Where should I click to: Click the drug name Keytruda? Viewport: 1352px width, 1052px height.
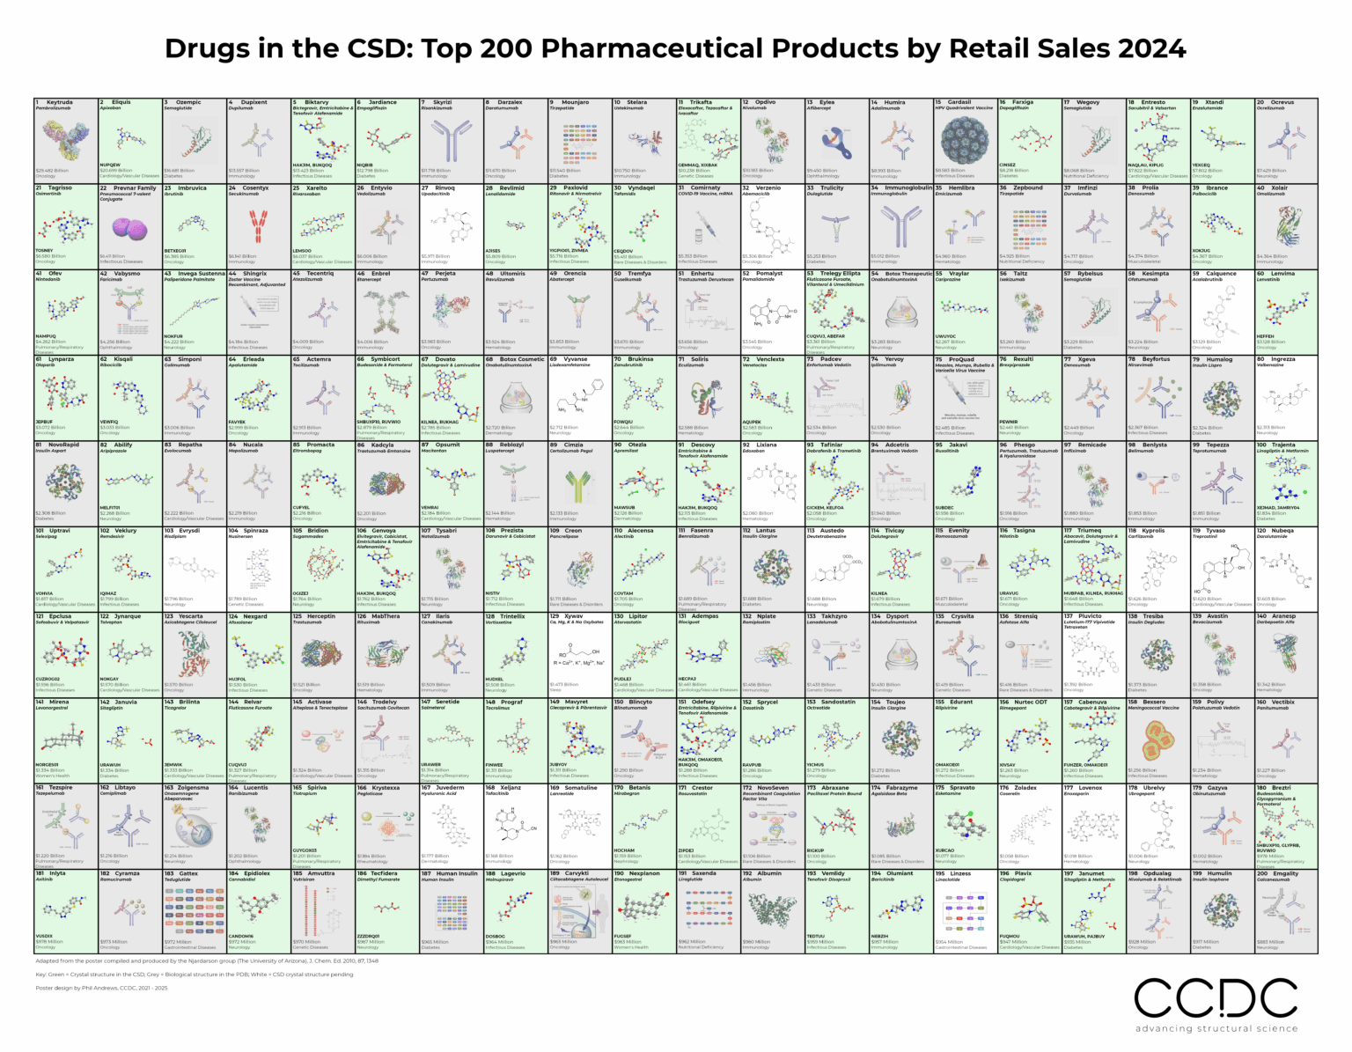[x=60, y=102]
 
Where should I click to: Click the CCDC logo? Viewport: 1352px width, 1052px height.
[x=1216, y=998]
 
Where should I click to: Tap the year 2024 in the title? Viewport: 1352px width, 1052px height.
[x=1152, y=49]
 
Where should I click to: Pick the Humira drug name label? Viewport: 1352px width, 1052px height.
[x=894, y=102]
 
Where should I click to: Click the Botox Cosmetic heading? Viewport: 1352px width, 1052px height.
[x=521, y=359]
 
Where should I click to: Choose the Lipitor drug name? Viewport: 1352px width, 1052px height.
[x=637, y=616]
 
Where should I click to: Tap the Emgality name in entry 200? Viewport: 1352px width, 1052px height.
[x=1285, y=873]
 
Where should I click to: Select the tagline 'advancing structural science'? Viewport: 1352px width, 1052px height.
[x=1216, y=1028]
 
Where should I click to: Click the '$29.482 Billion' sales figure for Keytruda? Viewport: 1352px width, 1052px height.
[x=51, y=170]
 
